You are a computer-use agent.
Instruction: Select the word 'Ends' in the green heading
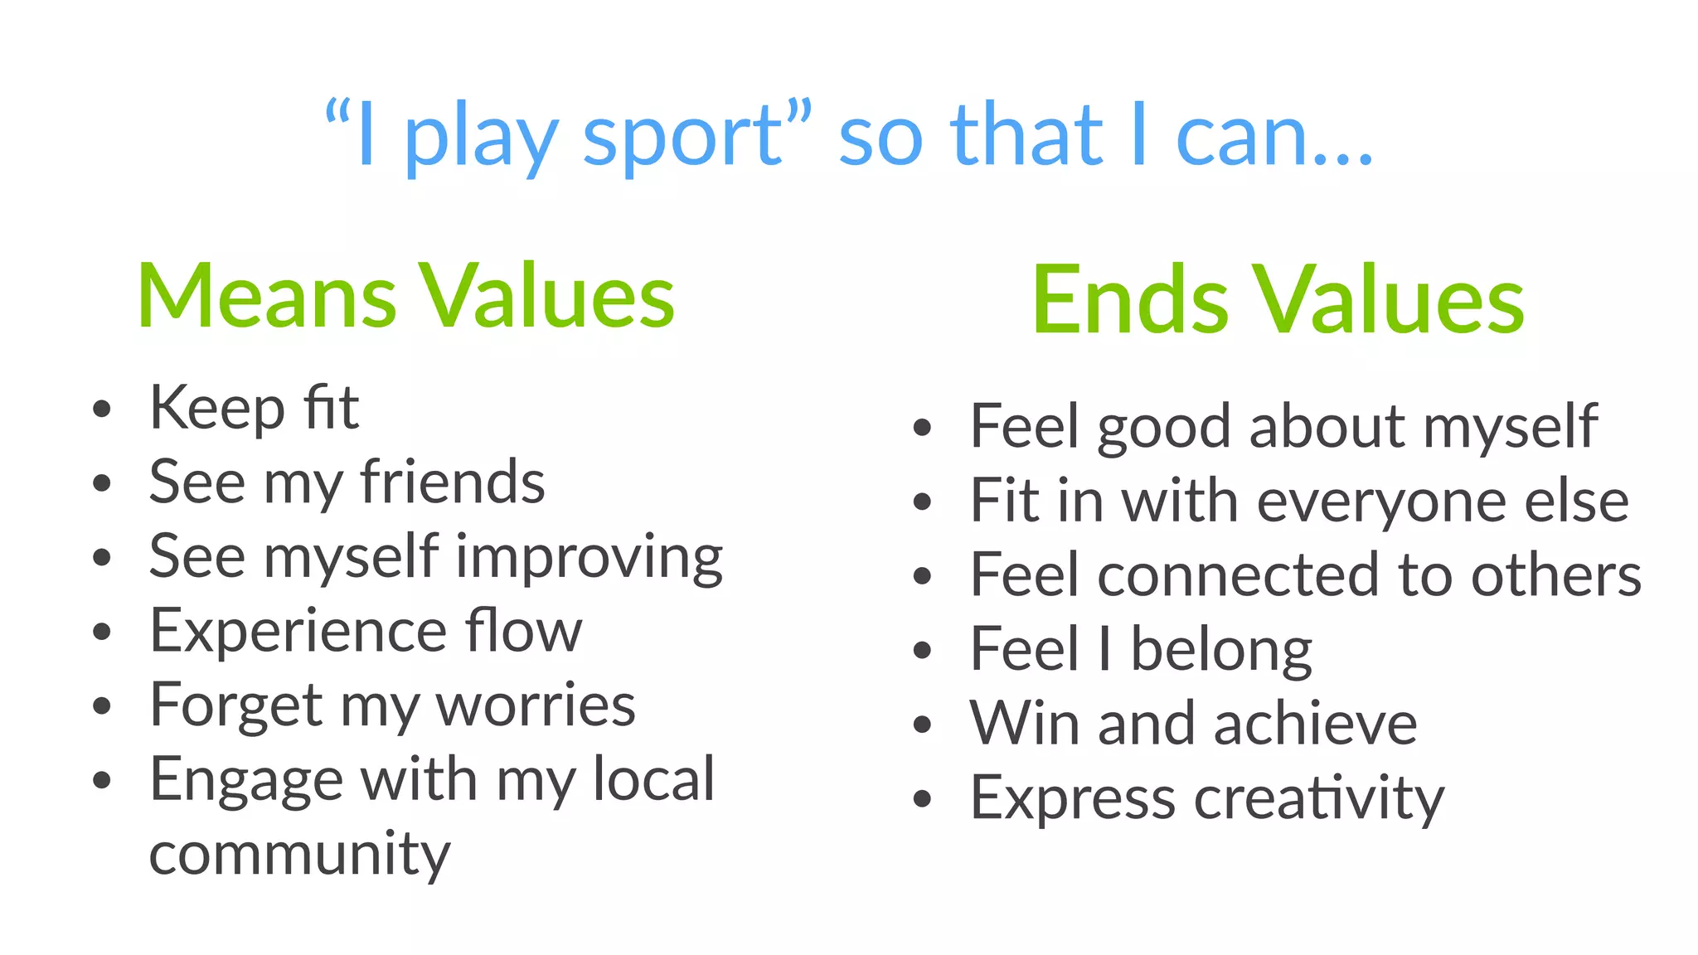click(x=1128, y=300)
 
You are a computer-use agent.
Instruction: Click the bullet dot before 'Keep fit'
click(x=102, y=409)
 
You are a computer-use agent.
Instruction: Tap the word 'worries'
click(x=536, y=705)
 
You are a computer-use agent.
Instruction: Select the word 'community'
click(x=299, y=855)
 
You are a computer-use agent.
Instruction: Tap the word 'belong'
click(x=1221, y=649)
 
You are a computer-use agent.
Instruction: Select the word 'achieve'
click(x=1315, y=724)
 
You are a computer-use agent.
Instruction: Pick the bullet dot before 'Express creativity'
click(x=923, y=799)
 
